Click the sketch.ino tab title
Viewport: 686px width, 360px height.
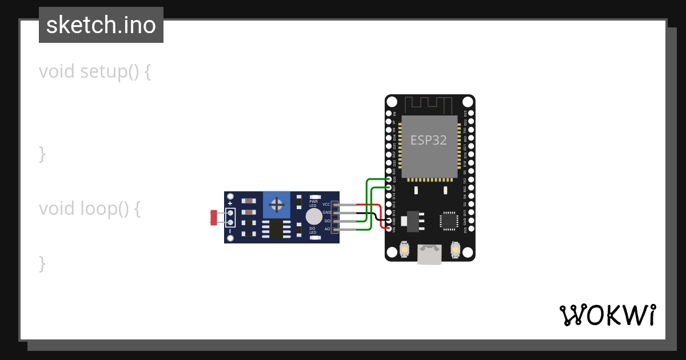[101, 25]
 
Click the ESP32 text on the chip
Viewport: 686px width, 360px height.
[429, 140]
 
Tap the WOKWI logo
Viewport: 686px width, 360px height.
[607, 315]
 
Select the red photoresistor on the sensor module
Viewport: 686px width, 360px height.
[214, 217]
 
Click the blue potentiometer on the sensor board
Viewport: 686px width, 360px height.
[277, 205]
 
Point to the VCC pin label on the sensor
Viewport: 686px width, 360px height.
[326, 204]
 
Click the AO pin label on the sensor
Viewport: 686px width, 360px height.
[328, 229]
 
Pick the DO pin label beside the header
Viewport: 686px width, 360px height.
[328, 221]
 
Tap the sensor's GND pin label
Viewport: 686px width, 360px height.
[327, 213]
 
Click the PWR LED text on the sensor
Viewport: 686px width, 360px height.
[313, 203]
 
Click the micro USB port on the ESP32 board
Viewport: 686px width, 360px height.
[429, 254]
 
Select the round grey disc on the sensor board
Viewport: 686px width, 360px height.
[314, 217]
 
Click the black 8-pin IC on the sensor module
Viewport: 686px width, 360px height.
[277, 230]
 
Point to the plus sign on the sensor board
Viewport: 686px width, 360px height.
[230, 203]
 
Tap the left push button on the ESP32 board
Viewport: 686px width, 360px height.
[405, 249]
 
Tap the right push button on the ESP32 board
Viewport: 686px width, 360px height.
[455, 249]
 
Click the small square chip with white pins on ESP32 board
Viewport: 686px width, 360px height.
[449, 221]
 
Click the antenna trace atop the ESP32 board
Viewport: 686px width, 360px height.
[429, 105]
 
